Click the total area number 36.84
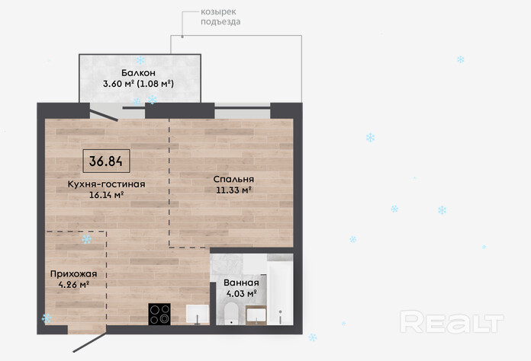105,161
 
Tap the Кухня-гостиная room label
106,184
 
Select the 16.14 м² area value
106,195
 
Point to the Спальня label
233,180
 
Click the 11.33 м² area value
233,190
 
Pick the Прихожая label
73,273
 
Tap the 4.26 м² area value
74,285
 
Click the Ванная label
241,283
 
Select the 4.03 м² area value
241,293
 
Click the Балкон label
138,72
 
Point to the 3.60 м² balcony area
118,84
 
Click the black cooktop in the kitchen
159,315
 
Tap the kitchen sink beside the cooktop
198,314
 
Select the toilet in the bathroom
232,313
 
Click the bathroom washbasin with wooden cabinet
256,315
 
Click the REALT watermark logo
452,322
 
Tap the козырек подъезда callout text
220,17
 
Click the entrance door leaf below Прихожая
90,343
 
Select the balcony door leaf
104,113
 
